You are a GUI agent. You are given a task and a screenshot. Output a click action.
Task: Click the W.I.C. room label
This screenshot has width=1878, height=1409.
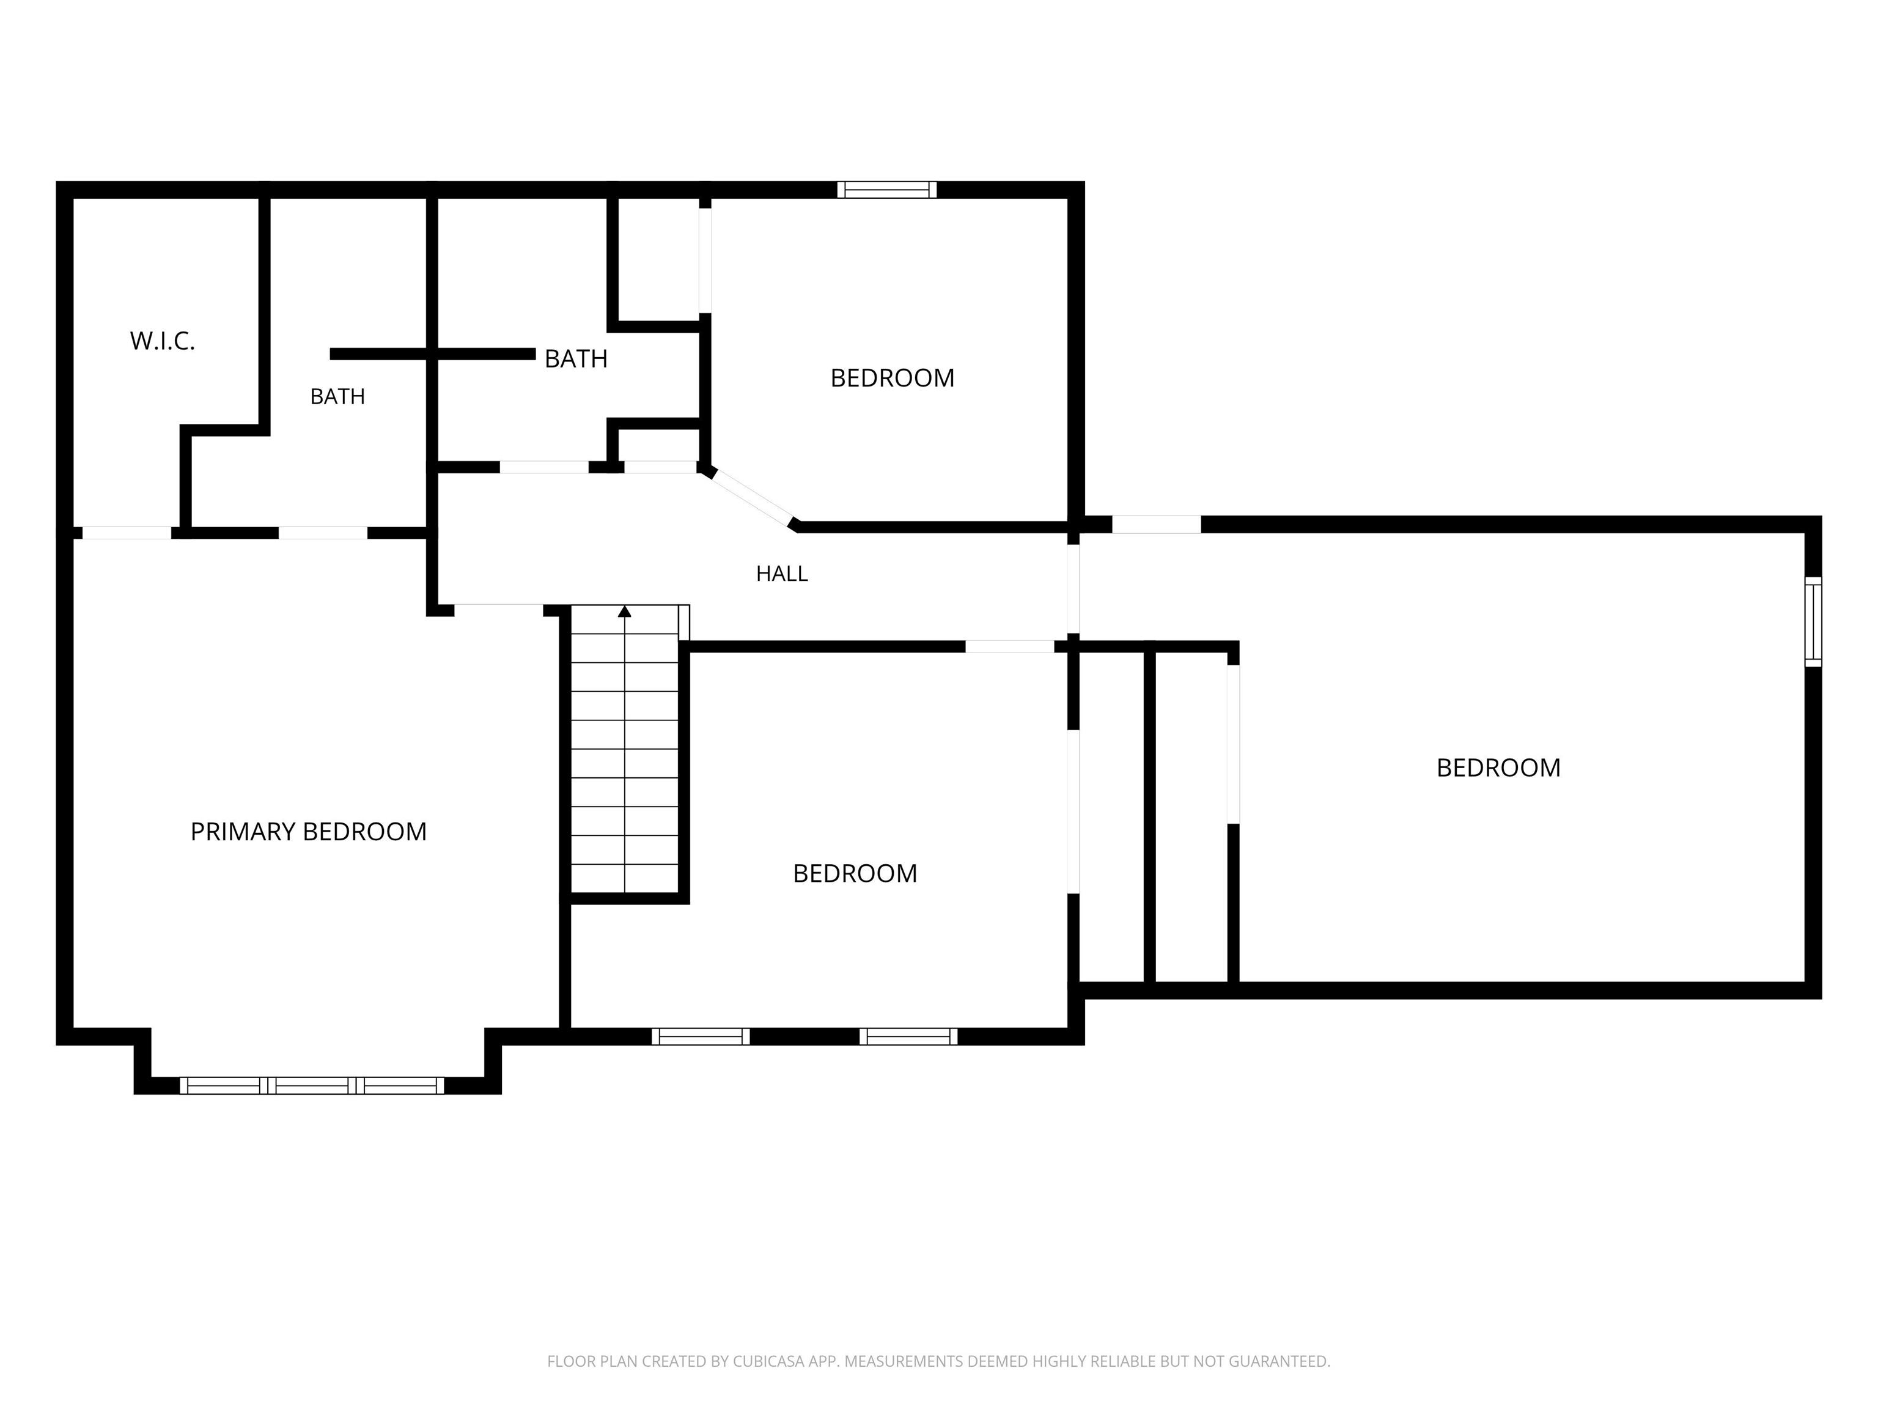[162, 341]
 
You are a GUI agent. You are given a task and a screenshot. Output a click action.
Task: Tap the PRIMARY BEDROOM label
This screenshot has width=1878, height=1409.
[308, 832]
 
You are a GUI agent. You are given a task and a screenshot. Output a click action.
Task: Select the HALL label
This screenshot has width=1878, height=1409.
[782, 574]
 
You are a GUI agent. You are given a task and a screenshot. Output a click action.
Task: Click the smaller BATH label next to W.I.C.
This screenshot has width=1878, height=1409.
[337, 397]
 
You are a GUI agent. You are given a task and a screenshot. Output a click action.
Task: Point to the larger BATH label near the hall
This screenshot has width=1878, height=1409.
[576, 359]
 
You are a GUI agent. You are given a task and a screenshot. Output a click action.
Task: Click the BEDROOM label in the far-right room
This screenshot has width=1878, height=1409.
[1498, 767]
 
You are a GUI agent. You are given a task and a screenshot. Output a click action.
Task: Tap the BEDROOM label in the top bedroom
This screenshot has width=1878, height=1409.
[893, 378]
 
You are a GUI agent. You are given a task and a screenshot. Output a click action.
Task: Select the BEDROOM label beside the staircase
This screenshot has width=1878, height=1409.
[855, 873]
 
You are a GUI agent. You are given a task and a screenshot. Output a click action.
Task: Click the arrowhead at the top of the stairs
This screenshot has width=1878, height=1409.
[625, 611]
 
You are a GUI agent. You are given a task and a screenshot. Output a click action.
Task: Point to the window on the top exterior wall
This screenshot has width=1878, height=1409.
[887, 190]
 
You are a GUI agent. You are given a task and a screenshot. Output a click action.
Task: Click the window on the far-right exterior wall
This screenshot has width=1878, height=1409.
[1813, 622]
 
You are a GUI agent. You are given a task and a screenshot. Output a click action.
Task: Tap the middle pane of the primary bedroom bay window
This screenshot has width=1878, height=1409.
[312, 1085]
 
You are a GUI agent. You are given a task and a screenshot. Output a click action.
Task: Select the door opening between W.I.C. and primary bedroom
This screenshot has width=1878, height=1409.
[127, 533]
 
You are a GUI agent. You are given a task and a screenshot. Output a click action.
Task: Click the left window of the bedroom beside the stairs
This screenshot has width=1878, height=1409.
[701, 1036]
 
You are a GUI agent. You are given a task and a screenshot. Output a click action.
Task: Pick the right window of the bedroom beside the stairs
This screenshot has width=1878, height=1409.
[908, 1036]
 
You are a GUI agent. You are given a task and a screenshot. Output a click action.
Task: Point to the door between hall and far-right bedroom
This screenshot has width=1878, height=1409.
[1073, 588]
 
